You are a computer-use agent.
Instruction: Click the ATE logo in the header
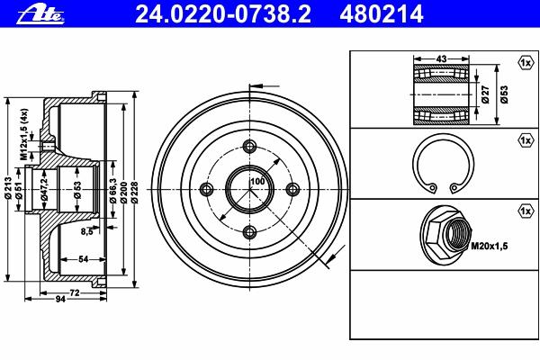(40, 14)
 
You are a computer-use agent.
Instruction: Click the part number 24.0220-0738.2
(223, 14)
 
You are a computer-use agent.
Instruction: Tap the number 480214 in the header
(382, 14)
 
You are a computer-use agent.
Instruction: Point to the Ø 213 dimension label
(9, 188)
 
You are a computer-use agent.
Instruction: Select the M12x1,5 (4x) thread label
(23, 134)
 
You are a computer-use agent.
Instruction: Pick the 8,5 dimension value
(86, 231)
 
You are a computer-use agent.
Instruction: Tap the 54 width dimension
(84, 259)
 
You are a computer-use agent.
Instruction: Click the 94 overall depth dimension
(60, 299)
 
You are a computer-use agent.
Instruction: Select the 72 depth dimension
(75, 292)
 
